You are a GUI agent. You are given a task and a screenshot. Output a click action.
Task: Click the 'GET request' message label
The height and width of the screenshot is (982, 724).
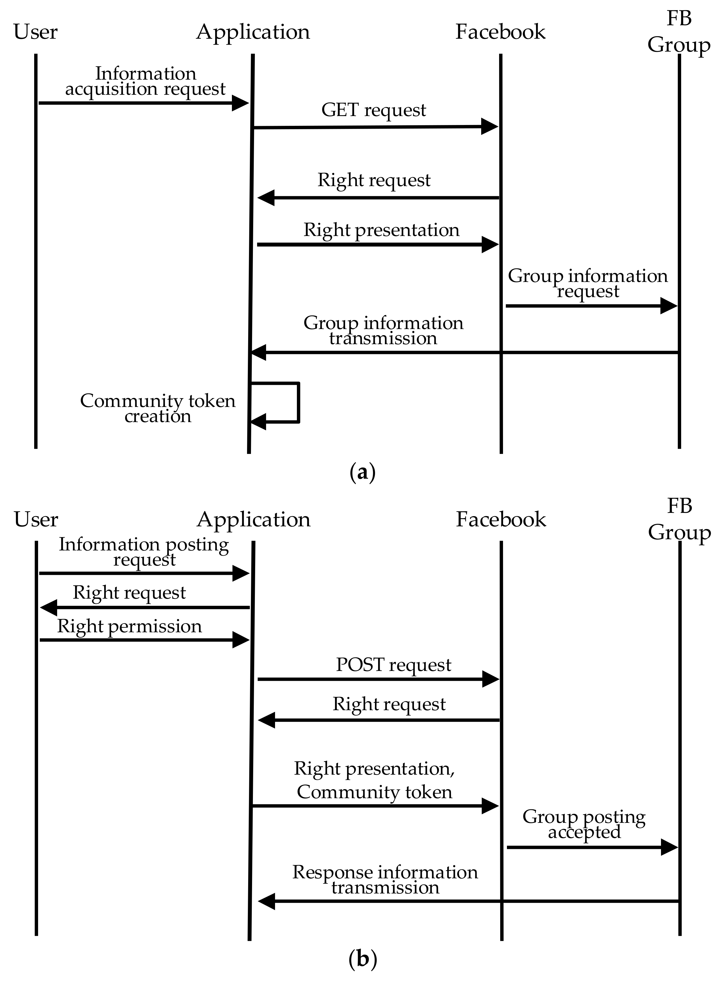click(x=373, y=110)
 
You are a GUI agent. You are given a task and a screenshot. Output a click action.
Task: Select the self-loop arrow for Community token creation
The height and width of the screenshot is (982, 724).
click(x=298, y=402)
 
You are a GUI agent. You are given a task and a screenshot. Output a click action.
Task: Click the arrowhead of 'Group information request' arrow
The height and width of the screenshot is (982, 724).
click(x=668, y=306)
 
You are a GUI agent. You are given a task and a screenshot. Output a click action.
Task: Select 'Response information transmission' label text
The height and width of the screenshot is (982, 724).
click(x=385, y=879)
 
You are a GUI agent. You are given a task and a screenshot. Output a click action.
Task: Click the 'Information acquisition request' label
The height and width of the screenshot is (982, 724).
click(x=146, y=81)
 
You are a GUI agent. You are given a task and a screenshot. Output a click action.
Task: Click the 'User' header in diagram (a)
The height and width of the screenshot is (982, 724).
click(x=36, y=32)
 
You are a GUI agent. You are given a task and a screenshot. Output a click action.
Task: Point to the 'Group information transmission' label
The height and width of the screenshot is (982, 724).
click(x=383, y=330)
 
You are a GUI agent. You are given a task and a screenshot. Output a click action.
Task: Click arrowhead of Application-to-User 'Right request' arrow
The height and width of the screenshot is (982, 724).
click(x=48, y=608)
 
